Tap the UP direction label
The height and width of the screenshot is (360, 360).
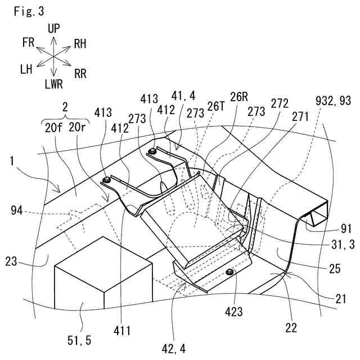pyautogui.click(x=54, y=28)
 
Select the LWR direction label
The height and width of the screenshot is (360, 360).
pyautogui.click(x=54, y=84)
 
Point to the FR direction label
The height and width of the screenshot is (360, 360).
pyautogui.click(x=29, y=43)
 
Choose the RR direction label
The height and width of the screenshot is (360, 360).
pyautogui.click(x=82, y=72)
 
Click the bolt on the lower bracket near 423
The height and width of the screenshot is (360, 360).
pyautogui.click(x=229, y=272)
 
